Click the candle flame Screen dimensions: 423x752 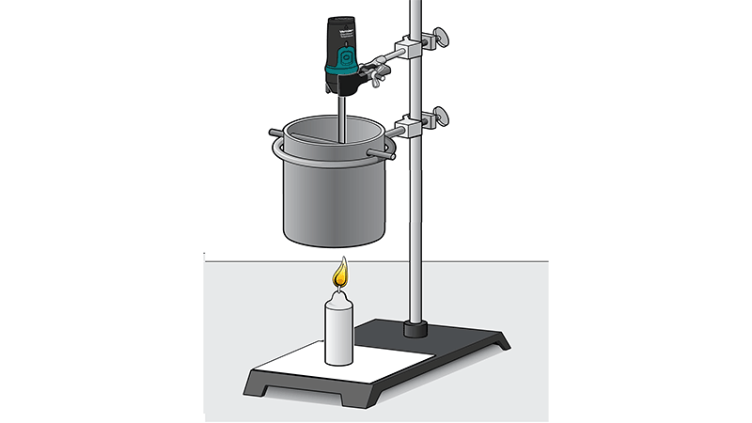pos(340,274)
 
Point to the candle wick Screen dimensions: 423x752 pos(339,288)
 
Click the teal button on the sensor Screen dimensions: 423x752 pos(342,67)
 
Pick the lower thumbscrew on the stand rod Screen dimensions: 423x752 pos(436,118)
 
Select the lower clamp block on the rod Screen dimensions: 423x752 pos(411,123)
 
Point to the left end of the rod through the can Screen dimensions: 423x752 pos(274,133)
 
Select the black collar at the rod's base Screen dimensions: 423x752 pos(415,328)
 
